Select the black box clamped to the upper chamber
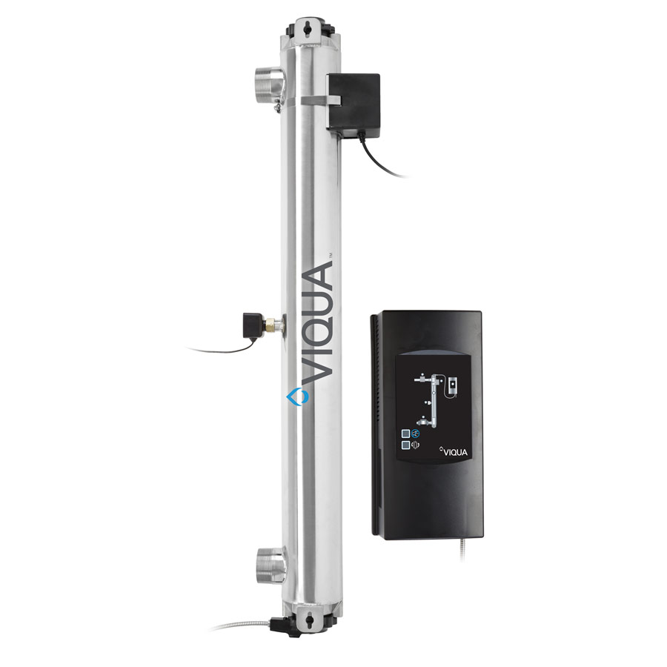tap(353, 101)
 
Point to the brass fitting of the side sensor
tap(271, 326)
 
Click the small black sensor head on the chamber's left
tap(251, 326)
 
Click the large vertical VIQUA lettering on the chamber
tap(317, 322)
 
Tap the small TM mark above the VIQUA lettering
tap(331, 255)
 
